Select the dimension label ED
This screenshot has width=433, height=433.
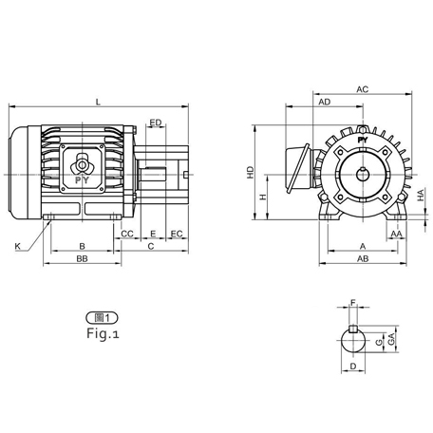coord(155,122)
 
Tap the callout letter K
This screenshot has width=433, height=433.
coord(17,247)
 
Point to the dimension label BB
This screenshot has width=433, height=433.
coord(83,258)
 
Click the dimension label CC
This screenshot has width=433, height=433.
coord(127,233)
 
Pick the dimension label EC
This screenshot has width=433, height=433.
coord(176,233)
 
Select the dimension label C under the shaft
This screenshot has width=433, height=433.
coord(151,246)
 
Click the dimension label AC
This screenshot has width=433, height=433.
coord(362,88)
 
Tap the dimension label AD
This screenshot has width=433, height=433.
coord(325,102)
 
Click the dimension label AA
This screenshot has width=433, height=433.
coord(396,233)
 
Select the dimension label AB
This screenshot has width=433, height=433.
coord(363,258)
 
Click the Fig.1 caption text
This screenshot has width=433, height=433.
coord(102,334)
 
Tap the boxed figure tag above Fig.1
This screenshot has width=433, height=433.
coord(102,317)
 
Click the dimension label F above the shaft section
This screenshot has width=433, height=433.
coord(353,304)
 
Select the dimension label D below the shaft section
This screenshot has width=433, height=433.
coord(353,366)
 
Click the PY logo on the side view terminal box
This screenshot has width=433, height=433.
coord(83,177)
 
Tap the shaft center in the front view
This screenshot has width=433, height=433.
coord(362,174)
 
